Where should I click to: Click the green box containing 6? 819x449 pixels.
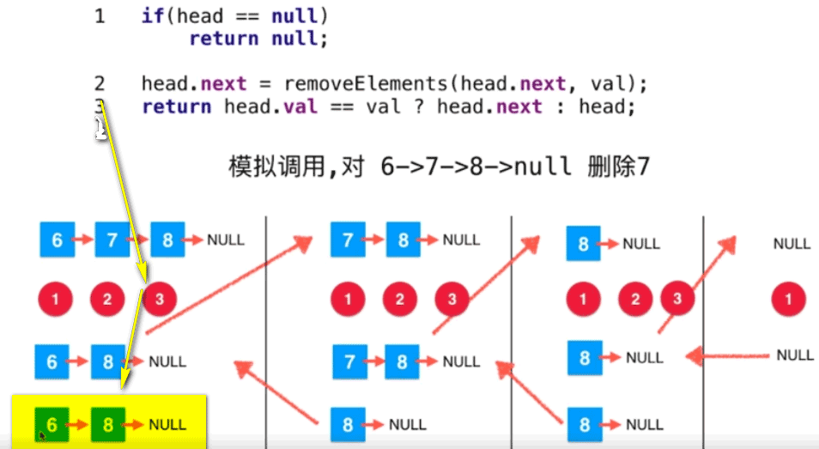[x=52, y=423]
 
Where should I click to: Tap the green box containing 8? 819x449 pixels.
[x=107, y=423]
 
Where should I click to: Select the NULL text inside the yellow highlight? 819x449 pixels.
[x=167, y=424]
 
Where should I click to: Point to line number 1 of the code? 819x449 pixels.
[x=100, y=16]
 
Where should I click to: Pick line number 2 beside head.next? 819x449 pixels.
[x=100, y=84]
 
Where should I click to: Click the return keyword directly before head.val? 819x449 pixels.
[x=177, y=106]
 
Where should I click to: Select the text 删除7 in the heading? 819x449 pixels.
[x=618, y=166]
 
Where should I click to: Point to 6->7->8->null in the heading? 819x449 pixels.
[x=476, y=166]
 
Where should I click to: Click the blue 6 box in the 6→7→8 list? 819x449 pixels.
[x=57, y=240]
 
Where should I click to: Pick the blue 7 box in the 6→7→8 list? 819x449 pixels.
[x=112, y=240]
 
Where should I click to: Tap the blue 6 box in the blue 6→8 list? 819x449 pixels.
[x=52, y=361]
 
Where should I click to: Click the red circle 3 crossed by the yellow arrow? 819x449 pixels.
[x=160, y=300]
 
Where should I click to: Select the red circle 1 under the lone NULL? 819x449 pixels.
[x=789, y=300]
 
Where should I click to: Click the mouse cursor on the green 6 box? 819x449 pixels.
[x=41, y=435]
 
